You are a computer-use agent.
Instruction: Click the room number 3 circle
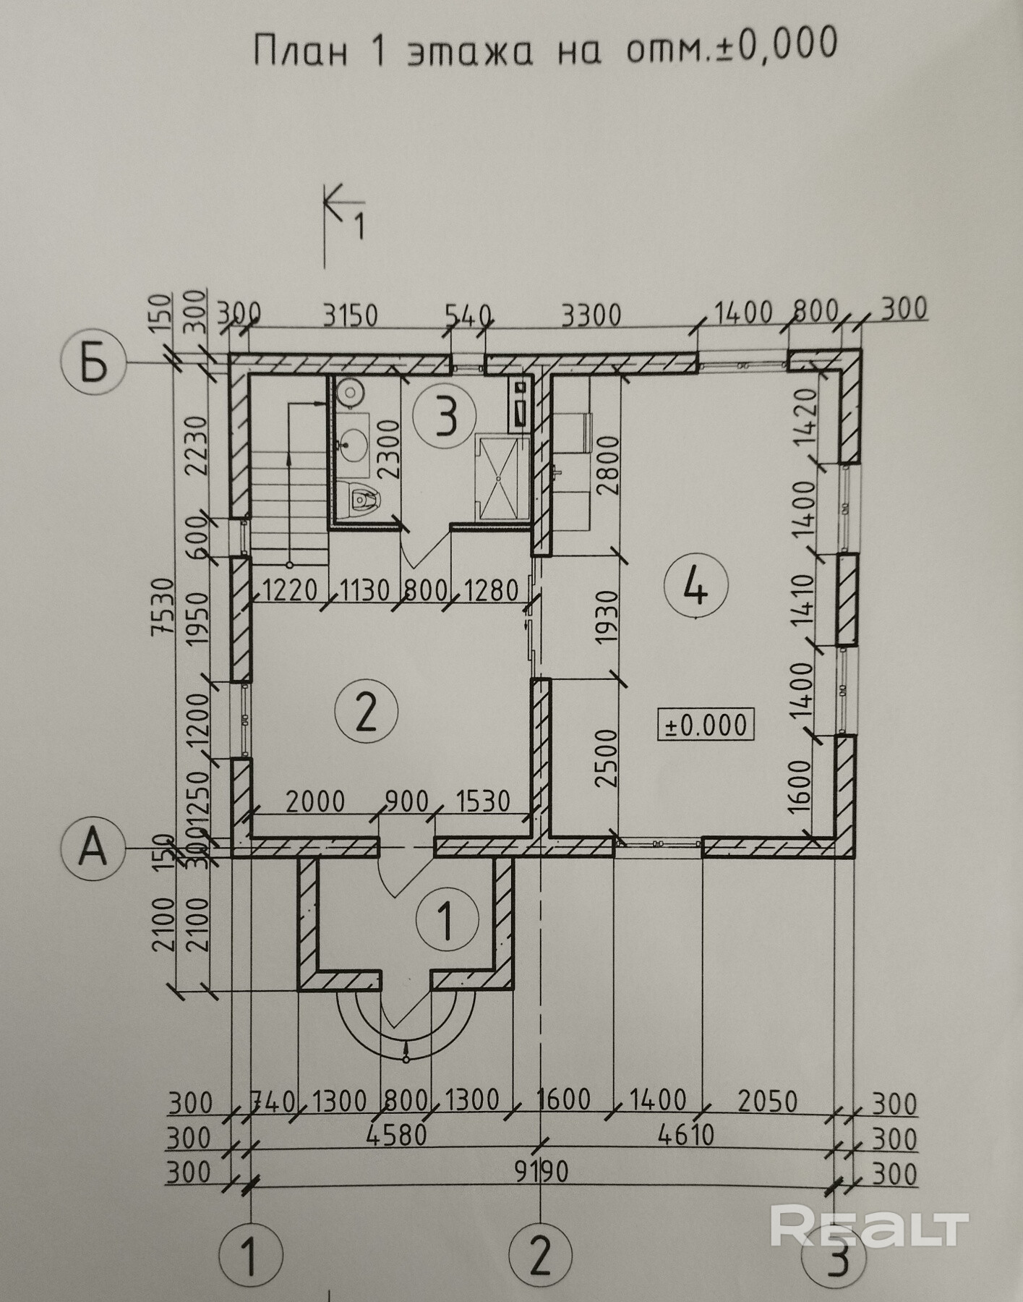tap(445, 417)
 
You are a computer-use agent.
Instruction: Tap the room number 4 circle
tap(695, 587)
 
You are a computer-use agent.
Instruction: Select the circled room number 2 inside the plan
tap(367, 711)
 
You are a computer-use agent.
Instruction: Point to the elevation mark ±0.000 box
tap(706, 724)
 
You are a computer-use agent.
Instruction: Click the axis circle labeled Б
tap(95, 363)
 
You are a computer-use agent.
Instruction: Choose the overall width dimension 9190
tap(539, 1171)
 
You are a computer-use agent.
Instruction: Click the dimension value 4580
tap(396, 1135)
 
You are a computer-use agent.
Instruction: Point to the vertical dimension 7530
tap(163, 606)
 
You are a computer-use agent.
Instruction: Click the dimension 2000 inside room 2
tap(316, 801)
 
